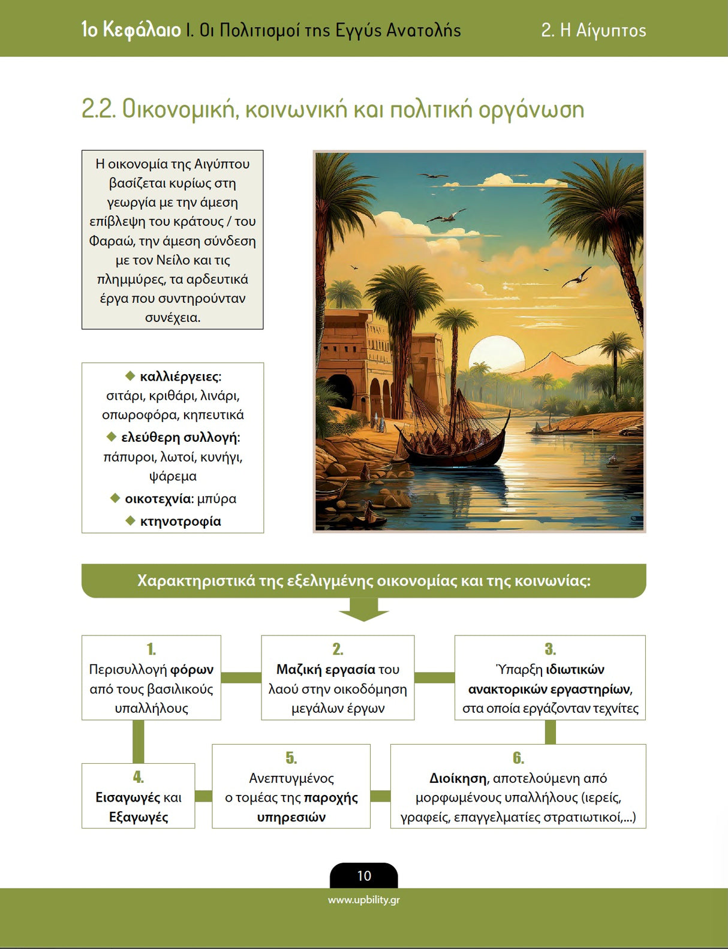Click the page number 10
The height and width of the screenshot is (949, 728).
[364, 876]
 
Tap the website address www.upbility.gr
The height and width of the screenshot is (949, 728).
[363, 900]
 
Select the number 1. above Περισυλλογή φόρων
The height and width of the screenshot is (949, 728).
[151, 649]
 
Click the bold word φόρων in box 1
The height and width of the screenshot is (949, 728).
[192, 670]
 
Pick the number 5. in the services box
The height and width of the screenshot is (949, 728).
[291, 758]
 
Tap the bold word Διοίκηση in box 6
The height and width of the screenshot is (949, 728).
[458, 778]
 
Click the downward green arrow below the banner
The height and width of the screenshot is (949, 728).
[363, 610]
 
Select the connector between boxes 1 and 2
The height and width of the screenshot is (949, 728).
[241, 678]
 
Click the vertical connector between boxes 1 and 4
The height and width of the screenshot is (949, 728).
[138, 741]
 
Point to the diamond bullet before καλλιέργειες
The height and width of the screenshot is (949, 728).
[130, 376]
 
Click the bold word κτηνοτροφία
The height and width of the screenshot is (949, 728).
[181, 522]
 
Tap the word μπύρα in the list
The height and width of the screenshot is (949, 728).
[216, 499]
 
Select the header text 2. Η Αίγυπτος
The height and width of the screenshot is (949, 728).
[593, 30]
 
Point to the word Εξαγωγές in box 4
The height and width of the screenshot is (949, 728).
[139, 817]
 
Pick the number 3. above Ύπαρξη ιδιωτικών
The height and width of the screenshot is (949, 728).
[550, 649]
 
